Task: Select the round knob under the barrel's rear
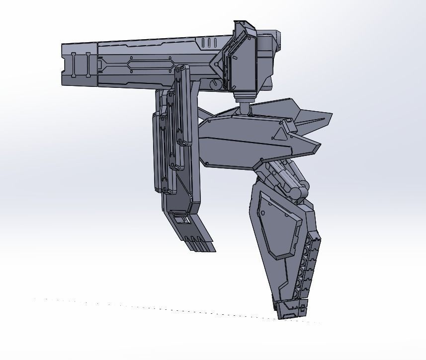(x=215, y=84)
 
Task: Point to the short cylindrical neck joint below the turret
(x=245, y=105)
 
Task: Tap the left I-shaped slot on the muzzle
(x=74, y=65)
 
